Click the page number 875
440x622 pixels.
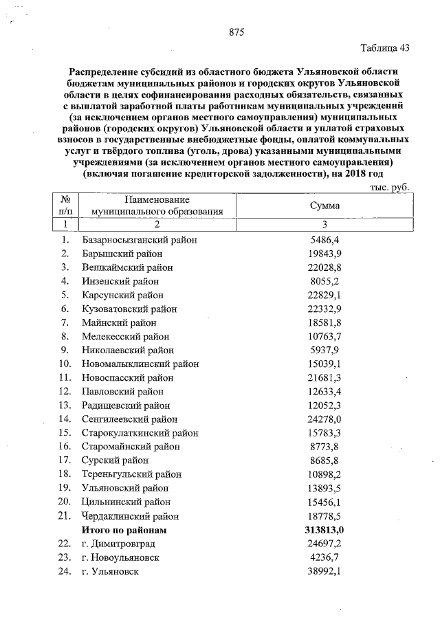pos(237,32)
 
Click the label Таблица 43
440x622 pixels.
pos(384,48)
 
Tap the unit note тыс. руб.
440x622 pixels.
pos(389,186)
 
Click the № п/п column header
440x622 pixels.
pos(66,205)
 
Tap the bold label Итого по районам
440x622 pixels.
pos(124,530)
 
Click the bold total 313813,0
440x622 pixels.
pos(323,530)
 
